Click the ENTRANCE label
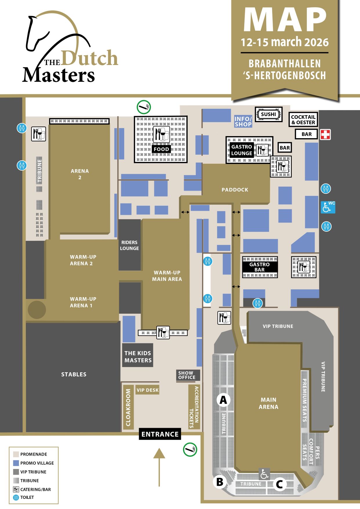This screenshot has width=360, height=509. click(160, 434)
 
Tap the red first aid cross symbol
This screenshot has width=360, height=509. click(325, 134)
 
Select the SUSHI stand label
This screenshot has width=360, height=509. click(268, 114)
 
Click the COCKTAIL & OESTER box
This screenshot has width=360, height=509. click(303, 120)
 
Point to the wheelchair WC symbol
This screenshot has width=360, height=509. click(328, 207)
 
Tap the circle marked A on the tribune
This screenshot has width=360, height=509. click(223, 400)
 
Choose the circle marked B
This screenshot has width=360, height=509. click(220, 482)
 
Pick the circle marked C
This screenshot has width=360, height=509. click(279, 484)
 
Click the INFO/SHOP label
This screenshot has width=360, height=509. click(243, 122)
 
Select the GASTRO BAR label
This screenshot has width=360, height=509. click(260, 267)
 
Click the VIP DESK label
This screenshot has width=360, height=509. click(148, 390)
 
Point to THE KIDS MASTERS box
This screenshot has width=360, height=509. click(138, 357)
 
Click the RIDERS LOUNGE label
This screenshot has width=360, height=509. click(129, 245)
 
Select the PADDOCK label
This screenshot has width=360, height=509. click(235, 190)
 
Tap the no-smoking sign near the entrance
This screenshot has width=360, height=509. click(190, 450)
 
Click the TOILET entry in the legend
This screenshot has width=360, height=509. click(27, 497)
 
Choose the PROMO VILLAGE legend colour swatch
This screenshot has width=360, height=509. click(16, 463)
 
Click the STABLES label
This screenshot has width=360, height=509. click(74, 374)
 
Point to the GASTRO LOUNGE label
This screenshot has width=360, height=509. click(242, 150)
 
